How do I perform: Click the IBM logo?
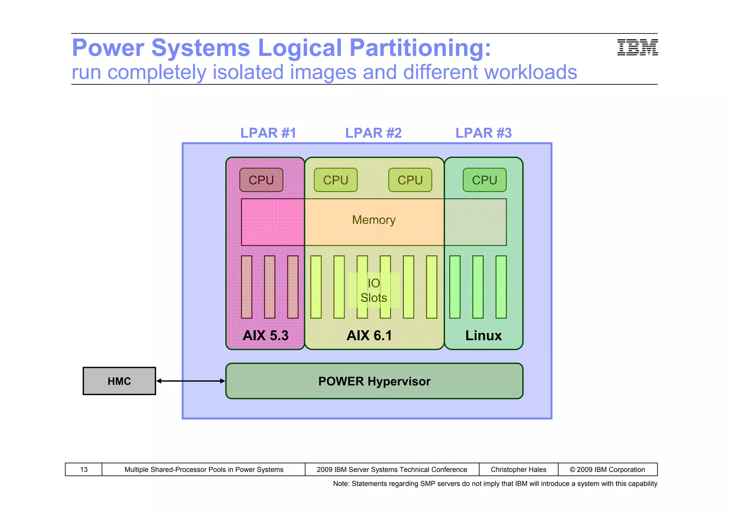pyautogui.click(x=637, y=48)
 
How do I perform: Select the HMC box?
pyautogui.click(x=119, y=381)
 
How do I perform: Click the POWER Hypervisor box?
pyautogui.click(x=374, y=381)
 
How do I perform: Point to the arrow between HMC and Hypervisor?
pyautogui.click(x=191, y=381)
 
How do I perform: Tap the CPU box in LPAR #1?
pyautogui.click(x=261, y=180)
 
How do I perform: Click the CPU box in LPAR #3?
pyautogui.click(x=484, y=180)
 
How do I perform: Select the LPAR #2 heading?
pyautogui.click(x=373, y=133)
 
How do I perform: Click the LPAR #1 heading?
pyautogui.click(x=268, y=133)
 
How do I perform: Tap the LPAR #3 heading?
pyautogui.click(x=483, y=133)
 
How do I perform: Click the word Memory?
pyautogui.click(x=374, y=220)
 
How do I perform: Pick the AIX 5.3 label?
pyautogui.click(x=266, y=336)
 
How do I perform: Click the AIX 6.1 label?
pyautogui.click(x=369, y=336)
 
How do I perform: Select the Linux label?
pyautogui.click(x=483, y=336)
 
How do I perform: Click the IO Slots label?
pyautogui.click(x=374, y=290)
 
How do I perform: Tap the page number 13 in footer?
pyautogui.click(x=84, y=469)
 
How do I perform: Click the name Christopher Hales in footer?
pyautogui.click(x=518, y=469)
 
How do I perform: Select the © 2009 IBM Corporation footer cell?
pyautogui.click(x=607, y=469)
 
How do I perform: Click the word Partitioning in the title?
pyautogui.click(x=420, y=48)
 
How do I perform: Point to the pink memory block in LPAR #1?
pyautogui.click(x=273, y=222)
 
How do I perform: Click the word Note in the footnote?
pyautogui.click(x=340, y=484)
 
